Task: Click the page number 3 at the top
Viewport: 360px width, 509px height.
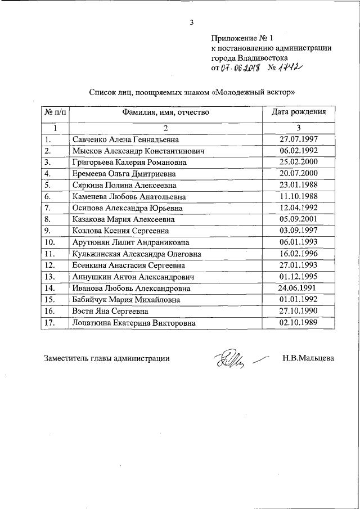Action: pos(191,23)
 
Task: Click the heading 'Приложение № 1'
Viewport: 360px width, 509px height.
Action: pos(241,38)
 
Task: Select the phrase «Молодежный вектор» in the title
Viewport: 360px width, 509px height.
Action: pos(253,92)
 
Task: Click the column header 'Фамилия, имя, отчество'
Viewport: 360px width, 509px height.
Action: pos(166,112)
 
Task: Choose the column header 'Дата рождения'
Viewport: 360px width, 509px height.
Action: pos(299,112)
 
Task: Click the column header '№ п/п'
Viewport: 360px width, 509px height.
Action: pos(55,112)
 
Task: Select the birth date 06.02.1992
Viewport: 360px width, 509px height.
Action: pos(299,151)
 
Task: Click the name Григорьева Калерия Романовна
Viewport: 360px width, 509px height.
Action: pos(125,163)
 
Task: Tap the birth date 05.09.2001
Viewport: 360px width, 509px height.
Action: pos(299,219)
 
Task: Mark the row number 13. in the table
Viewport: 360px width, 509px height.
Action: pos(49,277)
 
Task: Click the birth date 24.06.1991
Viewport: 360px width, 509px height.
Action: pos(299,288)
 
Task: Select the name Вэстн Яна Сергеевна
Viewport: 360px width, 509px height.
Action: pos(110,311)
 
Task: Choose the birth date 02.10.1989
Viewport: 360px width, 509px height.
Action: pos(299,322)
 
